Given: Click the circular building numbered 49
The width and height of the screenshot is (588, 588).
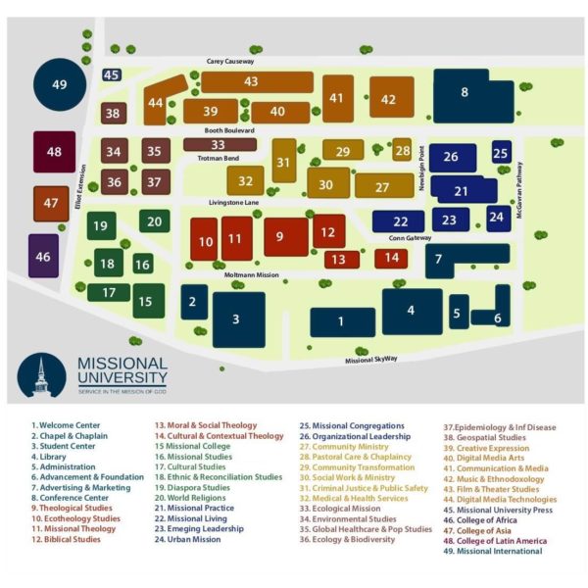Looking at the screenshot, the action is pyautogui.click(x=60, y=84).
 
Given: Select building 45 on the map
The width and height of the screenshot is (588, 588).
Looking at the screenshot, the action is pyautogui.click(x=112, y=75).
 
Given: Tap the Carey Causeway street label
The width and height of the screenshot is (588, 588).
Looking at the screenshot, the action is pyautogui.click(x=230, y=61).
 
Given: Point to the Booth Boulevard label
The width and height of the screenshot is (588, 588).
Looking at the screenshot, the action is pyautogui.click(x=229, y=130).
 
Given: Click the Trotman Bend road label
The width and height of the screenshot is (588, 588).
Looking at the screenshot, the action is pyautogui.click(x=219, y=158).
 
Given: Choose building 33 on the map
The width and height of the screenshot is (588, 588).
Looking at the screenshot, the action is pyautogui.click(x=220, y=144).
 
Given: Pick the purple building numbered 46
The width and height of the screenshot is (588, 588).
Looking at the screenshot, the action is pyautogui.click(x=43, y=256).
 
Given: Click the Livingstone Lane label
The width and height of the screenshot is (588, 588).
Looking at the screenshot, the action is pyautogui.click(x=233, y=203).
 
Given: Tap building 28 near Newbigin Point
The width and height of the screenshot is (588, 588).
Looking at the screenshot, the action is pyautogui.click(x=402, y=150).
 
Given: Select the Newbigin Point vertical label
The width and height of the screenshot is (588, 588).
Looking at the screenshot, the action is pyautogui.click(x=421, y=168).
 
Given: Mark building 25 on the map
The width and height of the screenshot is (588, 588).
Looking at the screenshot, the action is pyautogui.click(x=502, y=152).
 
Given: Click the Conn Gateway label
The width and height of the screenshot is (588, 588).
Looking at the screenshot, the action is pyautogui.click(x=410, y=238).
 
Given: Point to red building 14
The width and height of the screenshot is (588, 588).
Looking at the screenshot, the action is pyautogui.click(x=391, y=259).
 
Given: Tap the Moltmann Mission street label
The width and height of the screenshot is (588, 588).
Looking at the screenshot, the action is pyautogui.click(x=251, y=274).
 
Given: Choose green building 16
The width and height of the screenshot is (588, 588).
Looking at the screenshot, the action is pyautogui.click(x=143, y=264).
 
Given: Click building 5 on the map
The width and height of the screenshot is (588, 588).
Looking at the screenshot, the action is pyautogui.click(x=459, y=312).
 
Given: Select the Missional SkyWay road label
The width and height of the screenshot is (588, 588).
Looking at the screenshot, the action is pyautogui.click(x=370, y=360).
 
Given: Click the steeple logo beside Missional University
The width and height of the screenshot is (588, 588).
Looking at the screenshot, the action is pyautogui.click(x=41, y=375).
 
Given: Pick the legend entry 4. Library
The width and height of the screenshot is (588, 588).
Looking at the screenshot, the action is pyautogui.click(x=49, y=457).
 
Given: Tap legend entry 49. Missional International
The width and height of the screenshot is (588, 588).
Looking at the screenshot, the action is pyautogui.click(x=493, y=551).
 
